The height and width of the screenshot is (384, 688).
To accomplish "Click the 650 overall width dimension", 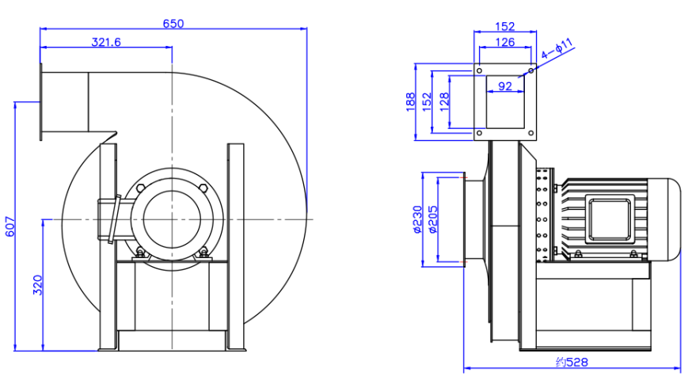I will point(173,23).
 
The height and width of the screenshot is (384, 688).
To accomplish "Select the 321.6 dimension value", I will point(105,42).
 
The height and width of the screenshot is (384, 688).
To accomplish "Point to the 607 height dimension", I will point(10,226).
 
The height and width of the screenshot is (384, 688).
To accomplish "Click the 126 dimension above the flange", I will point(505,42).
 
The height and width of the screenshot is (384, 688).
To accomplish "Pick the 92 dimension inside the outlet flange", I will point(506,86).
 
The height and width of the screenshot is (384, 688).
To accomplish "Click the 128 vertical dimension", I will point(444,101).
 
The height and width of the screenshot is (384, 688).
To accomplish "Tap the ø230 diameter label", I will point(416,219).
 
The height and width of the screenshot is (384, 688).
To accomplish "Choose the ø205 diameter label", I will point(433,219).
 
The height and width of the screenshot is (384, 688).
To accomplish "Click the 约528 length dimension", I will point(571,362).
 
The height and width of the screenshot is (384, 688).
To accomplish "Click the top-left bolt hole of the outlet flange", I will point(479,70).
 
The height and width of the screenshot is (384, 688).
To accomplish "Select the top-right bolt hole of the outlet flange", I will point(530,70).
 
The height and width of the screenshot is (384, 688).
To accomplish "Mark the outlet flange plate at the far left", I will point(40,103).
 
